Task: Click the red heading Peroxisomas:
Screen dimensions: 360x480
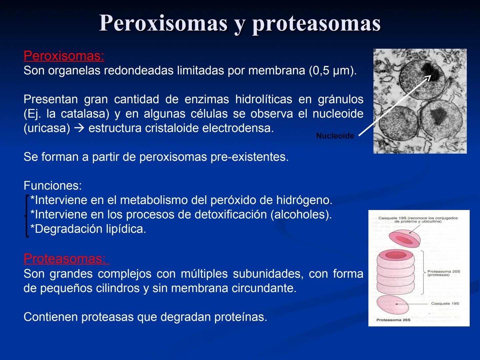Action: click(x=64, y=56)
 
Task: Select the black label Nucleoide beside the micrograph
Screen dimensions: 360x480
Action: click(x=335, y=136)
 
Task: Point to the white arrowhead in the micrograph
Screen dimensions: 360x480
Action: click(x=428, y=78)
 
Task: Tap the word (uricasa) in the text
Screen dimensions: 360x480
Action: click(x=47, y=128)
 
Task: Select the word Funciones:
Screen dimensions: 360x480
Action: click(x=53, y=186)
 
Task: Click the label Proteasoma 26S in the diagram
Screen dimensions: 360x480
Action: click(x=393, y=320)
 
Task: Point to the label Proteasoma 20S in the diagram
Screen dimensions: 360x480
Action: click(x=444, y=272)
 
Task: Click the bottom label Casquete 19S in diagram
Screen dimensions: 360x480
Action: click(x=445, y=304)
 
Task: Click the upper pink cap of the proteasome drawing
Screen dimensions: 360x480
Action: click(x=404, y=239)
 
